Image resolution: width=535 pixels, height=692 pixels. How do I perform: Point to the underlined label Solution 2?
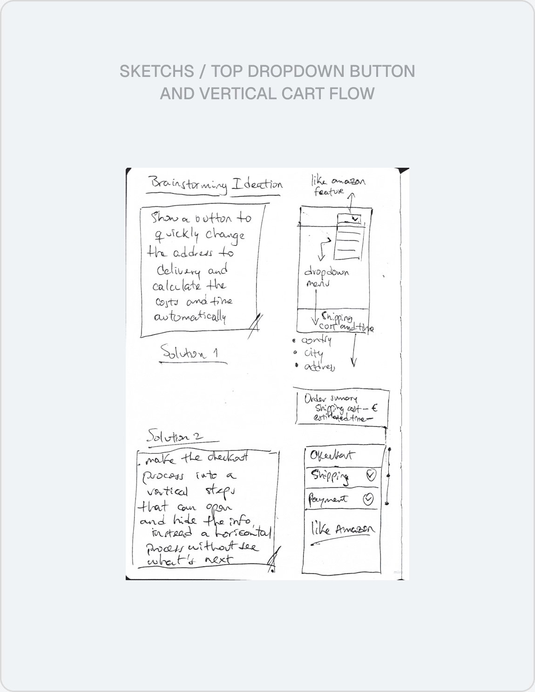point(175,437)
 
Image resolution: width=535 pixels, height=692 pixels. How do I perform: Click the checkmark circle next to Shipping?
point(371,475)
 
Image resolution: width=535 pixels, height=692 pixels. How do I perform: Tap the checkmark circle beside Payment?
point(368,500)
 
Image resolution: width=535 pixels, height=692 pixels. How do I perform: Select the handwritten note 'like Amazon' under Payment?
point(342,529)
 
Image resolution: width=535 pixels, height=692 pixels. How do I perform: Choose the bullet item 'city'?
point(313,353)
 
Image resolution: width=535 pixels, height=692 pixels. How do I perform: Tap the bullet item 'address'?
point(319,367)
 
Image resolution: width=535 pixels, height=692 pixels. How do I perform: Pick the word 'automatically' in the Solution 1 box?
point(190,317)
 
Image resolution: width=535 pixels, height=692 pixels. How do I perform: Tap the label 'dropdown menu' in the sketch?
point(326,277)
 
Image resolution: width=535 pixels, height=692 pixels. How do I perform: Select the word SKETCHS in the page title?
point(156,71)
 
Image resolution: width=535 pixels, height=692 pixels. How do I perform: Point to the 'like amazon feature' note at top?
point(337,185)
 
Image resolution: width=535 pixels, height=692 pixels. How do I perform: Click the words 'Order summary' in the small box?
point(331,399)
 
